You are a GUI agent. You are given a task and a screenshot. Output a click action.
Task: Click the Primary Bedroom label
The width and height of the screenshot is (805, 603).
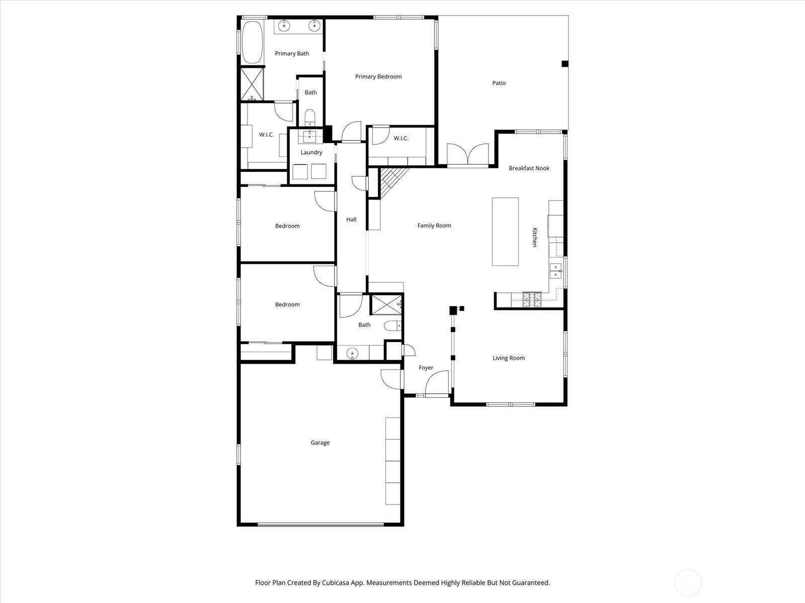pos(378,76)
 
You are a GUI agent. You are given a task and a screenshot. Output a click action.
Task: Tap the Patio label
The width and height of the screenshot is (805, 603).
pos(499,83)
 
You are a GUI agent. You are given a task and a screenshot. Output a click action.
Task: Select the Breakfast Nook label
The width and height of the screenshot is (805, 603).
pos(529,168)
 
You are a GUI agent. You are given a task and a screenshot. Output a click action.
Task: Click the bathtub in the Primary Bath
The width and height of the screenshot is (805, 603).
pos(253,43)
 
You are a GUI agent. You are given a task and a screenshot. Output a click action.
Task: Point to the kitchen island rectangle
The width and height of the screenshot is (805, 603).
pos(505,231)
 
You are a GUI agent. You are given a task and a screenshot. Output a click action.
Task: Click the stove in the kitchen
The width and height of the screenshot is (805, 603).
pos(532,299)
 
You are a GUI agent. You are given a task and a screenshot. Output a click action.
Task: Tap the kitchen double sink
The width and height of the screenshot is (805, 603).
pos(555,271)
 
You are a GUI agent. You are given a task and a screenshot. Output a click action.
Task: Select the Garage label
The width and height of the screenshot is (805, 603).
pos(320,443)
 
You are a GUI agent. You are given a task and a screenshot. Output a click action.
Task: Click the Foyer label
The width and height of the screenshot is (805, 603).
pos(426,368)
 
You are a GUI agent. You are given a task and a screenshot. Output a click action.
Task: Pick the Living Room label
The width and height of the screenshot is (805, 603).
pos(508,358)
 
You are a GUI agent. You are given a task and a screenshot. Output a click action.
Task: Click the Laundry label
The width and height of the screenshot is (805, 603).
pos(311,152)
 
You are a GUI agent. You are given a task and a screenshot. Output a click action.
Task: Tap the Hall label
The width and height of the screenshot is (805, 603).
pos(351,219)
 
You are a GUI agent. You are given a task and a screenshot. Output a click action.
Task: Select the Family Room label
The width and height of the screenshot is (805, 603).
pos(434,226)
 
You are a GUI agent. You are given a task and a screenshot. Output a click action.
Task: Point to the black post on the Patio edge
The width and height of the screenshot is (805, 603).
pos(565,64)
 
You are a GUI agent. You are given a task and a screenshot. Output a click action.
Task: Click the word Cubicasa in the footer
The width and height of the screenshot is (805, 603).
pos(336,582)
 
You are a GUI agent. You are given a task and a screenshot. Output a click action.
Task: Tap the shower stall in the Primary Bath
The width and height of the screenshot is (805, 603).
pos(252,84)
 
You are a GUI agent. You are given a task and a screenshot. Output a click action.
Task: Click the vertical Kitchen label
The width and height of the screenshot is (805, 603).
pos(535,237)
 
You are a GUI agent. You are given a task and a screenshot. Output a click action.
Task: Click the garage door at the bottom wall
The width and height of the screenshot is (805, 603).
pos(320,525)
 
